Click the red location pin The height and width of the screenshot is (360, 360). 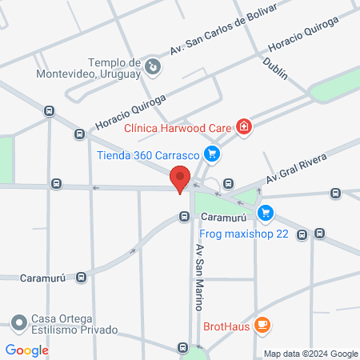[181, 178]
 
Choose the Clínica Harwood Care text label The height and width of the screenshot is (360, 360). [178, 126]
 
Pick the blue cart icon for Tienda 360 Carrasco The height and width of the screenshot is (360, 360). [211, 154]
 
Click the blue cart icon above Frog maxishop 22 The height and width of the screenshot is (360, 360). [266, 214]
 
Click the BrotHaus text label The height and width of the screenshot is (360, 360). [224, 325]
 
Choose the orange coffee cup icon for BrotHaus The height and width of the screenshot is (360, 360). [262, 324]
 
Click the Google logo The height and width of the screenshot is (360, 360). [27, 350]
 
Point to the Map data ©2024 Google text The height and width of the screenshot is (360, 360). [311, 354]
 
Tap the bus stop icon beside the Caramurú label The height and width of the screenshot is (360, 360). [185, 216]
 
